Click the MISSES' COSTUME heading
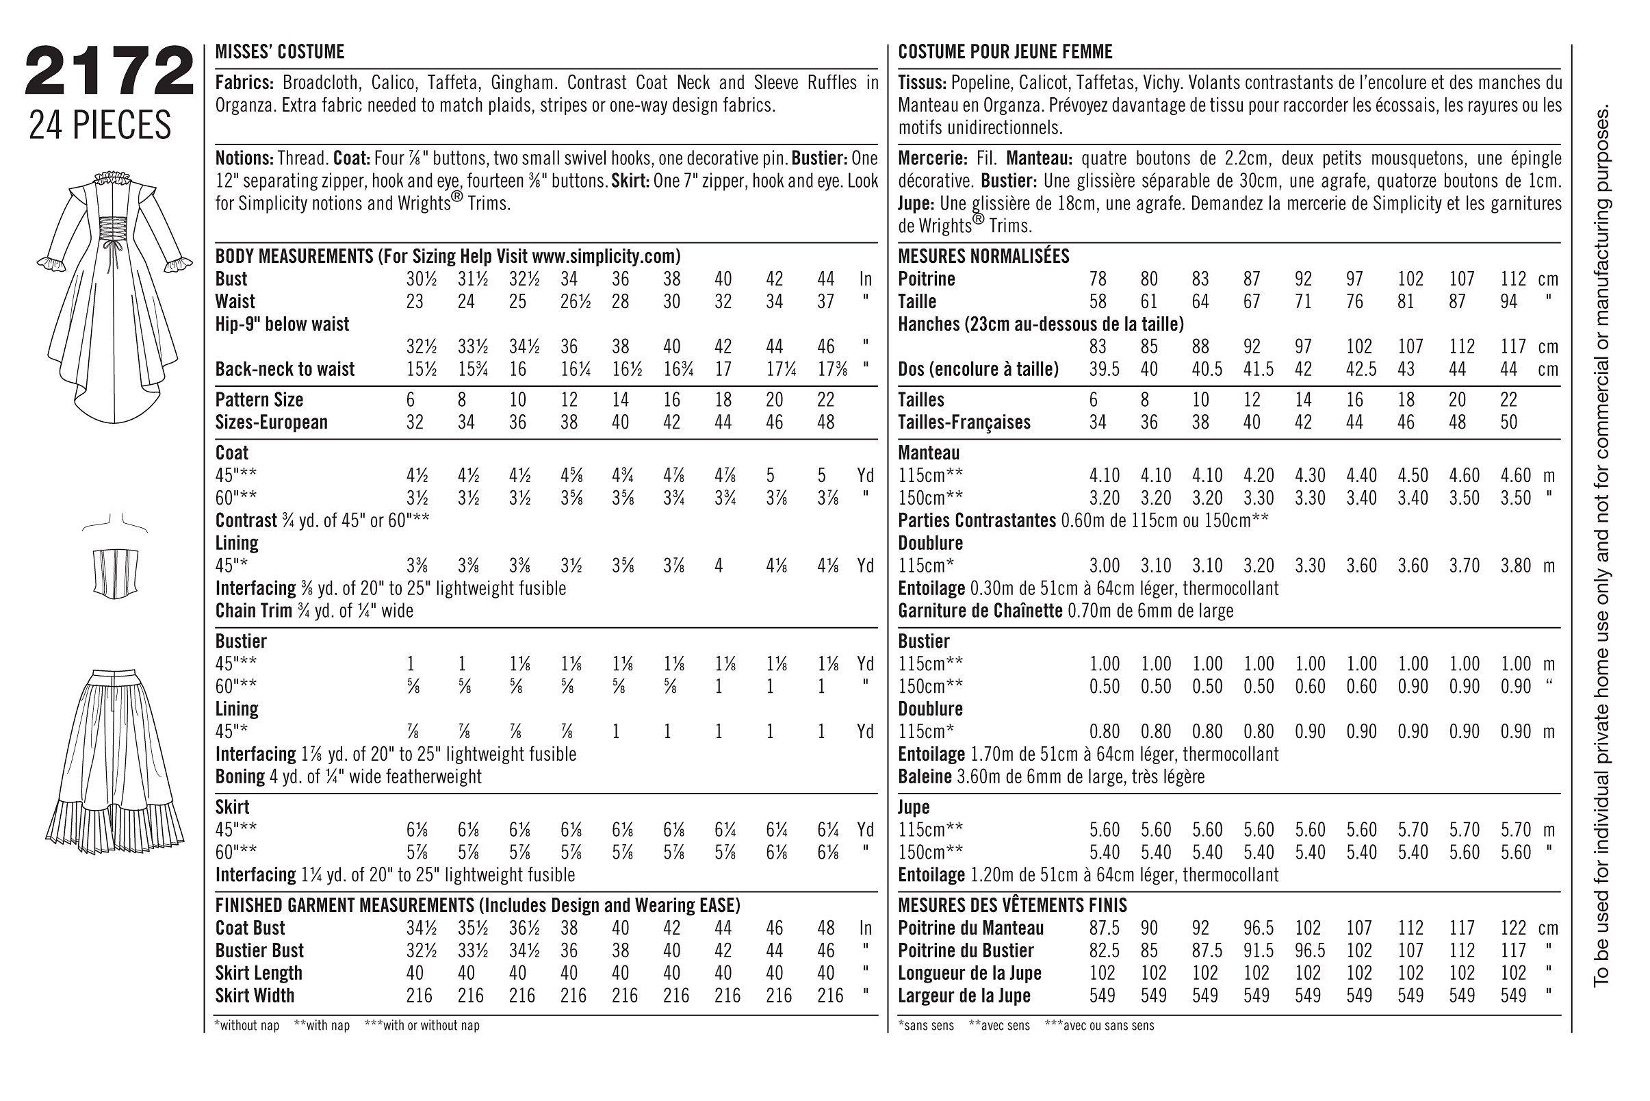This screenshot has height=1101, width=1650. coord(279,52)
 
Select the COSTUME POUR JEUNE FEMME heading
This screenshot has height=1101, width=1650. coord(1005,52)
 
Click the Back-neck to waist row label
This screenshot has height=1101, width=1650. coord(284,369)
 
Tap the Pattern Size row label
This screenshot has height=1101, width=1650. coord(259,401)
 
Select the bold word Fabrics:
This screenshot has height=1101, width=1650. coord(244,84)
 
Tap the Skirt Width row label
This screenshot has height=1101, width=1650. coord(255,996)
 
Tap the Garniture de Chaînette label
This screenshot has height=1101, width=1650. coord(980,611)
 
